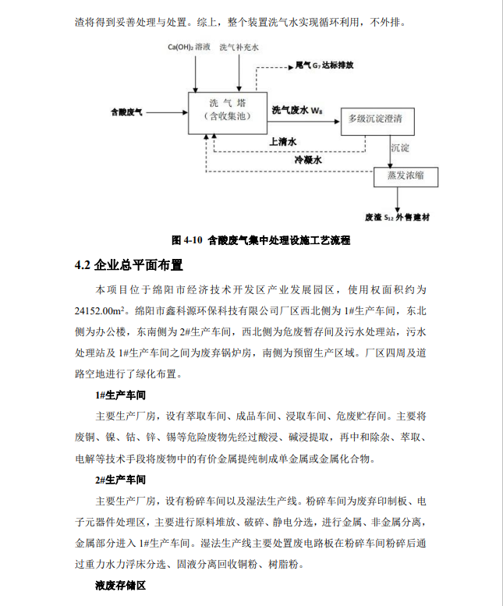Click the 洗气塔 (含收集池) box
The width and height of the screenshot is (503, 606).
pos(226,110)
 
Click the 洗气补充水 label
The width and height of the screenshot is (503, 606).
pos(239,48)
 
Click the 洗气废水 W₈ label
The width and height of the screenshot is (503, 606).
pos(297,110)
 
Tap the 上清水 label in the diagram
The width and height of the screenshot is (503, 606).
pos(282,142)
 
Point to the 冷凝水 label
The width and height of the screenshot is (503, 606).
pos(308,161)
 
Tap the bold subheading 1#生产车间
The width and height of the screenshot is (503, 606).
pos(117,395)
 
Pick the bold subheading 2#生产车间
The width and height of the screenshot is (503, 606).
pos(117,479)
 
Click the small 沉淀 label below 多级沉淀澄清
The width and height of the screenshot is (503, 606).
pos(400,147)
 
